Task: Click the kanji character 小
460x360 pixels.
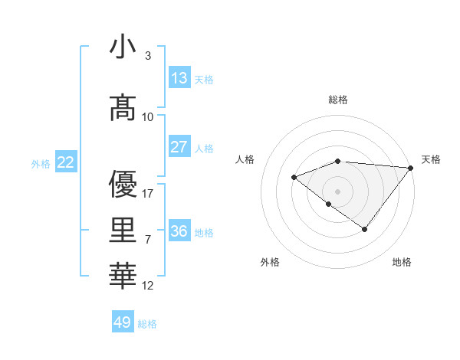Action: (x=123, y=47)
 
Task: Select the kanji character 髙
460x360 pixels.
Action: (x=123, y=108)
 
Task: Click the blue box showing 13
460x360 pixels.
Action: (x=179, y=78)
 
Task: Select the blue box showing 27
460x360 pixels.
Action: (x=179, y=147)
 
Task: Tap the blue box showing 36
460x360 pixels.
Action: (x=179, y=231)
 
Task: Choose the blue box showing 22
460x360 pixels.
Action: (x=66, y=162)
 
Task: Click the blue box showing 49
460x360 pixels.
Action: (x=123, y=322)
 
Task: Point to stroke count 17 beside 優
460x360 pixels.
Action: (x=149, y=193)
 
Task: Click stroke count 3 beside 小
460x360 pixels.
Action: (x=147, y=56)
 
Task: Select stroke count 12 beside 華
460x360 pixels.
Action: (x=149, y=286)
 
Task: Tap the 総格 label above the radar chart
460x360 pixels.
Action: (x=338, y=100)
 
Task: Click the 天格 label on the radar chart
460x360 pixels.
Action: (x=431, y=159)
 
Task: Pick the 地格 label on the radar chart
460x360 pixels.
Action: (x=402, y=262)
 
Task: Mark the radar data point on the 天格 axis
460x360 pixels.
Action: (x=411, y=167)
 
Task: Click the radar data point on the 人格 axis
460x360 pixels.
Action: (x=294, y=177)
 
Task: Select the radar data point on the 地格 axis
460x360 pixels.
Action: (x=365, y=229)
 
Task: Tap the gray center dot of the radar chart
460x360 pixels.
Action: (x=337, y=191)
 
